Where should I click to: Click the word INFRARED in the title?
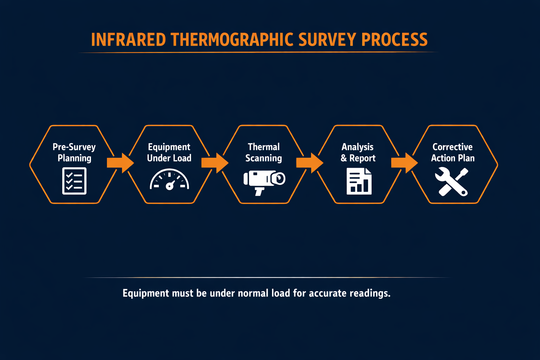(128, 40)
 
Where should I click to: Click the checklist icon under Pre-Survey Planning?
(74, 181)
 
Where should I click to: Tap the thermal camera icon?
(264, 181)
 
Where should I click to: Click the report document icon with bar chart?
(359, 181)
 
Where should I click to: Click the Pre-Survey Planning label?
(74, 152)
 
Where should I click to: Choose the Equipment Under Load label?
(169, 152)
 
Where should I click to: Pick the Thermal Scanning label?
(264, 152)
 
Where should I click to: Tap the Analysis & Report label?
(358, 152)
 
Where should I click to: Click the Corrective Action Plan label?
(453, 152)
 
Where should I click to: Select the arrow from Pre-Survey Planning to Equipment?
(120, 163)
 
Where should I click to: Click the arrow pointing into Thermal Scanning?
(215, 163)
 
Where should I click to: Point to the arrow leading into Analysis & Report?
(310, 163)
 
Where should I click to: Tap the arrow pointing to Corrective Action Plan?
(404, 163)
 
